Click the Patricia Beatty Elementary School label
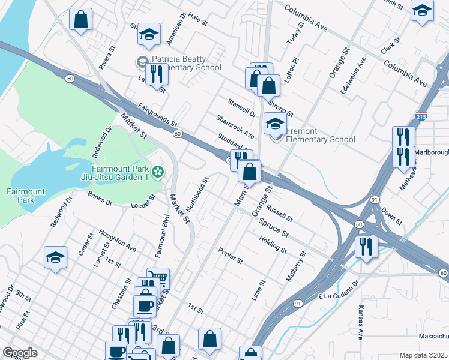[x=178, y=63]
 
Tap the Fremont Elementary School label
[x=320, y=136]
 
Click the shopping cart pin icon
[x=158, y=278]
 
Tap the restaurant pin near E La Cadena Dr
[x=365, y=246]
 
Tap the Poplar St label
[x=231, y=256]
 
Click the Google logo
[x=20, y=353]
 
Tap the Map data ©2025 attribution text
[x=423, y=355]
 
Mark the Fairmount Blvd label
[x=161, y=238]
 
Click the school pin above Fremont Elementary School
[x=275, y=124]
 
